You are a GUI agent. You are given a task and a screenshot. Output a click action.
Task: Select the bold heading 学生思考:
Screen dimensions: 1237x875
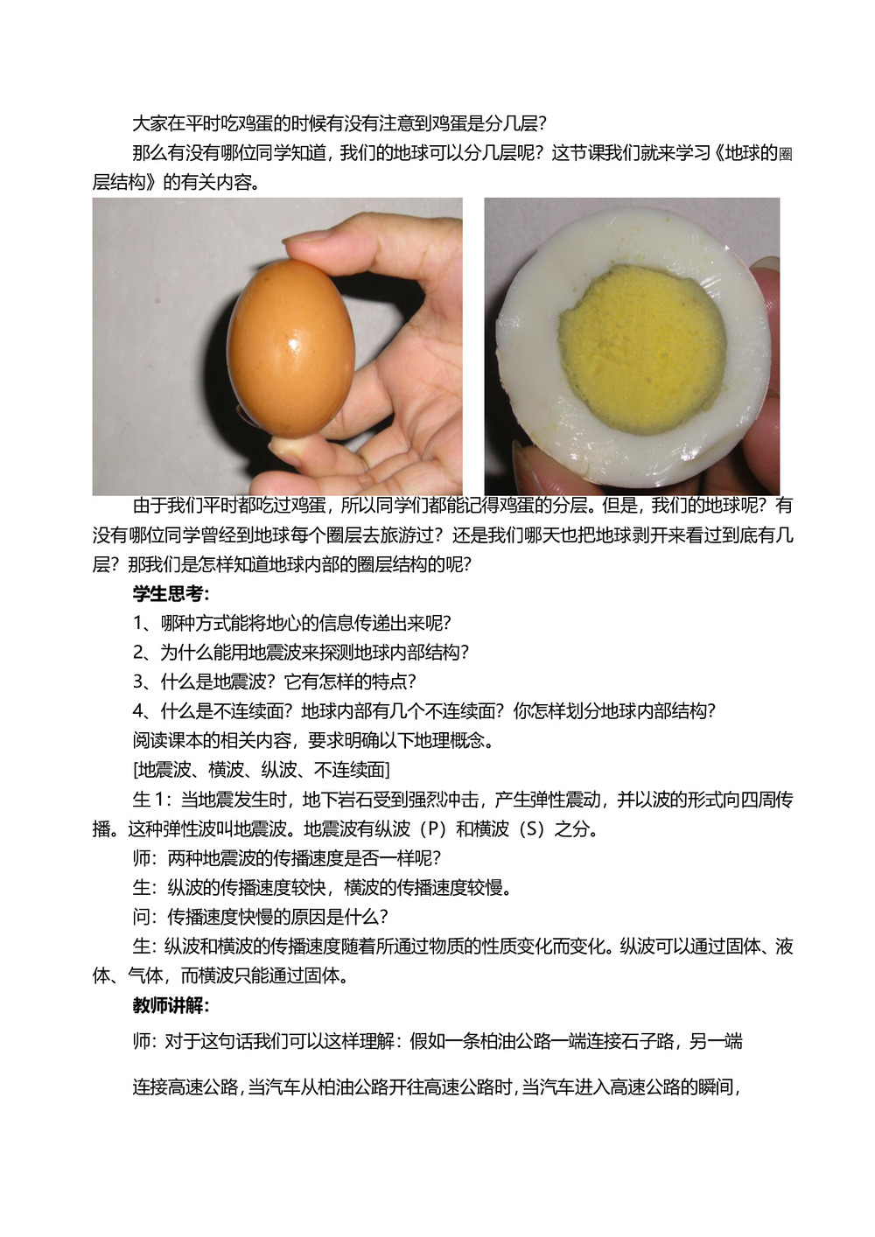point(171,594)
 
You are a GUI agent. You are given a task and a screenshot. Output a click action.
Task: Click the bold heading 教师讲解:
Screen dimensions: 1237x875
point(171,1005)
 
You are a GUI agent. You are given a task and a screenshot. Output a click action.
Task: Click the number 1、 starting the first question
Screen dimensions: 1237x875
point(144,624)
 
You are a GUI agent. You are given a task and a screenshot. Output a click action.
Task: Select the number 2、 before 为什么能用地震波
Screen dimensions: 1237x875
point(144,653)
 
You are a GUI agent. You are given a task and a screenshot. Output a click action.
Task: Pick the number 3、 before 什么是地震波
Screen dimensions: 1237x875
point(144,682)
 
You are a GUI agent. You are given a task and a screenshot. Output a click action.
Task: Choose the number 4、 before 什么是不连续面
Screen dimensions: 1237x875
point(144,711)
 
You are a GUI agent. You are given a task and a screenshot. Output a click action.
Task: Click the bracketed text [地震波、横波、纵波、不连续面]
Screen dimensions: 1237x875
point(262,770)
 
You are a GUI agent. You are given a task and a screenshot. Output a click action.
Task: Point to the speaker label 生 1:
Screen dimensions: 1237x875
point(152,800)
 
